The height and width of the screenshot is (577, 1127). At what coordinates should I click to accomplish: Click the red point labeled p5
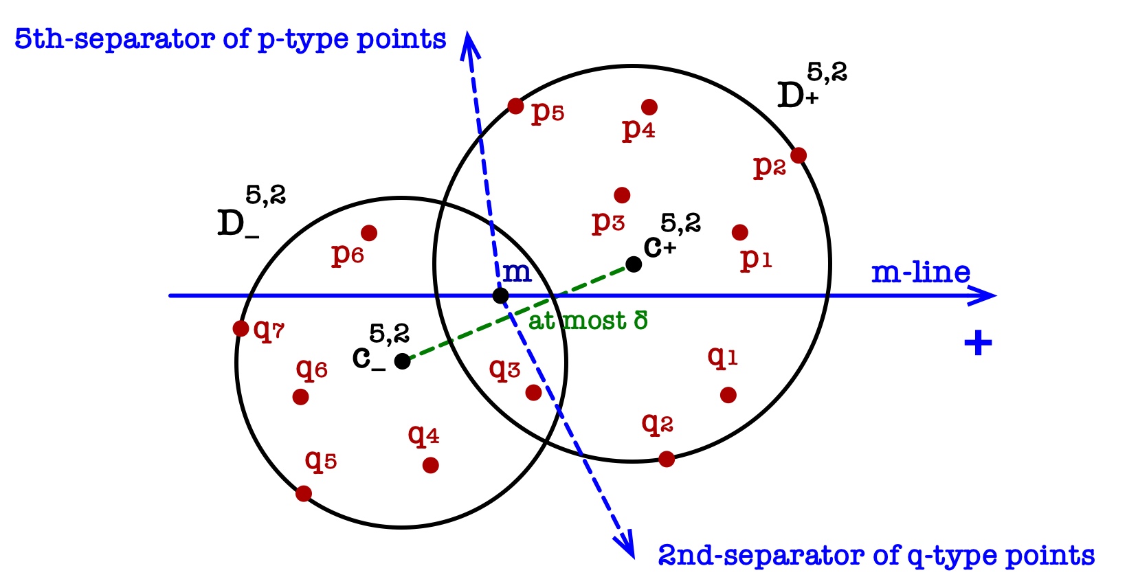point(516,106)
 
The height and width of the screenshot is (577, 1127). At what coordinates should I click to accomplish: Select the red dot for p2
point(798,155)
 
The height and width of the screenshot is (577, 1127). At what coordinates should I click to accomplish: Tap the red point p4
point(649,107)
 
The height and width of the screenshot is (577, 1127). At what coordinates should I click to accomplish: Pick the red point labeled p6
point(369,233)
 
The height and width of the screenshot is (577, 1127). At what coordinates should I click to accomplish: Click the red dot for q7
point(241,328)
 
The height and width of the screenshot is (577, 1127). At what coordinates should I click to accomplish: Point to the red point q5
point(304,493)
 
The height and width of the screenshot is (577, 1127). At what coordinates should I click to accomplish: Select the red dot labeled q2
point(666,459)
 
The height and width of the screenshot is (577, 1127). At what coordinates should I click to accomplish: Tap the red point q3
point(533,392)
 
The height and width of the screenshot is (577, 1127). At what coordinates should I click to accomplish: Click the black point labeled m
point(501,296)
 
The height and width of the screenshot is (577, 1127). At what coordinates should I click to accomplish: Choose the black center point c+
point(634,264)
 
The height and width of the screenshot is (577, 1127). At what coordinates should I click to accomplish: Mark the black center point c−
point(403,361)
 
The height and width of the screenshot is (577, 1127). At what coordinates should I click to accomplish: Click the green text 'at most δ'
point(588,321)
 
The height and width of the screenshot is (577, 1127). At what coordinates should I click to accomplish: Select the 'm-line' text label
point(921,273)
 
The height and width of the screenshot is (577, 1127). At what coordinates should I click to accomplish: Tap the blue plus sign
point(978,342)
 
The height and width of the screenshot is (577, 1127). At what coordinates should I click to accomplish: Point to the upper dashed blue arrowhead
point(469,43)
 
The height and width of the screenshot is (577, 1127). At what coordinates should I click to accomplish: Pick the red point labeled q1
point(728,395)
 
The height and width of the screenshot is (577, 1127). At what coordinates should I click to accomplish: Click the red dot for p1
point(739,233)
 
